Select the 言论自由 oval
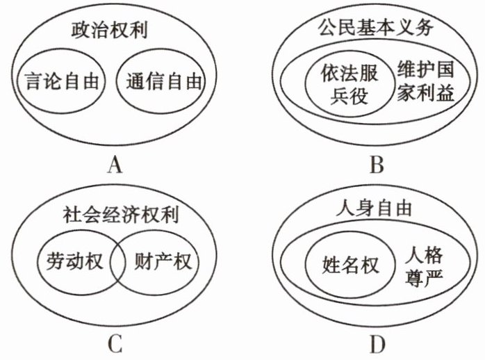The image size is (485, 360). click(x=60, y=83)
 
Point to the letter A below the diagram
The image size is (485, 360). click(x=115, y=165)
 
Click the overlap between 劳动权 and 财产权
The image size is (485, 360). click(x=115, y=262)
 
